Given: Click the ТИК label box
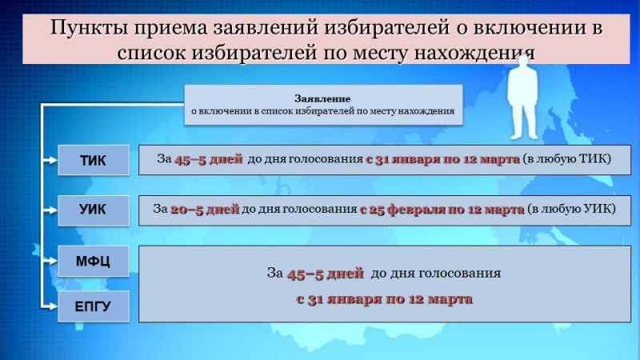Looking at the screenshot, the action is pyautogui.click(x=94, y=160).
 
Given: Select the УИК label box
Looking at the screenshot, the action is pyautogui.click(x=94, y=210).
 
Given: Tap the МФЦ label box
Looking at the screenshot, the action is pyautogui.click(x=94, y=262).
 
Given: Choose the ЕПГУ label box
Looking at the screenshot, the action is pyautogui.click(x=94, y=306).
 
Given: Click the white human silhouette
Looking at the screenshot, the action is pyautogui.click(x=523, y=98).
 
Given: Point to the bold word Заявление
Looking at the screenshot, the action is pyautogui.click(x=322, y=98).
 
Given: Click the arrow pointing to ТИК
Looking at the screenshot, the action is pyautogui.click(x=50, y=161).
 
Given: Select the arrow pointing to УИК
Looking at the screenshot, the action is pyautogui.click(x=50, y=210).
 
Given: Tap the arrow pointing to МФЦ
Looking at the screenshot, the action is pyautogui.click(x=50, y=261).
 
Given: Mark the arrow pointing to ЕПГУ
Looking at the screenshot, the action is pyautogui.click(x=50, y=306).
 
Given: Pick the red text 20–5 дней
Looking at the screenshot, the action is pyautogui.click(x=205, y=210).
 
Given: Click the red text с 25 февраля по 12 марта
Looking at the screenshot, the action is pyautogui.click(x=442, y=210).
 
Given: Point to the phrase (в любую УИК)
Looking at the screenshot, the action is pyautogui.click(x=571, y=209).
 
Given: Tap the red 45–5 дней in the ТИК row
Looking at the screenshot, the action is pyautogui.click(x=209, y=159).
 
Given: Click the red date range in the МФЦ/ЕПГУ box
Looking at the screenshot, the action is pyautogui.click(x=384, y=299).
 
